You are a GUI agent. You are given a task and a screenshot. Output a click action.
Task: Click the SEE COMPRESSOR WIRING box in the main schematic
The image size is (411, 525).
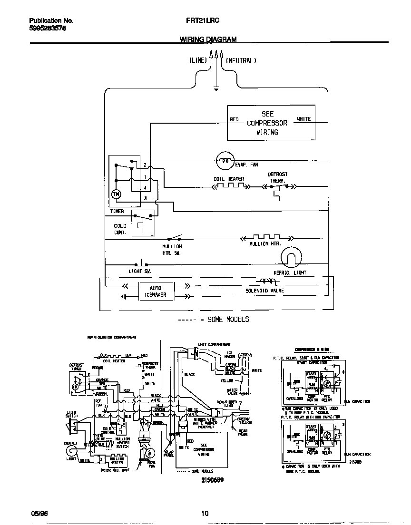[270, 123]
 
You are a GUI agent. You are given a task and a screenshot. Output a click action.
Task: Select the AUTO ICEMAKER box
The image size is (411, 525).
[156, 292]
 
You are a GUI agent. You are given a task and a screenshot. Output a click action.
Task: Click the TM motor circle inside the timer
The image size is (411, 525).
[116, 194]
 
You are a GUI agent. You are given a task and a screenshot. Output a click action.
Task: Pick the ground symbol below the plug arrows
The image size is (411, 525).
[216, 87]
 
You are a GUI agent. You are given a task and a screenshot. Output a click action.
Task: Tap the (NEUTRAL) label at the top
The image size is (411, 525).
[241, 60]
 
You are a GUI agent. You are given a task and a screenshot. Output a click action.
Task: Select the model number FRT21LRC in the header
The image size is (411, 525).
[199, 21]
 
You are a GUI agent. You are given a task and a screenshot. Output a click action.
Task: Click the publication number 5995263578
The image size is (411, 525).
[48, 29]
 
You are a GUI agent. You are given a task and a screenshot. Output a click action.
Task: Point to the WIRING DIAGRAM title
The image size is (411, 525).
[208, 39]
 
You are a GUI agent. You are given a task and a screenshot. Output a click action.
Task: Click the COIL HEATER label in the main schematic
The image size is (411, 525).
[229, 179]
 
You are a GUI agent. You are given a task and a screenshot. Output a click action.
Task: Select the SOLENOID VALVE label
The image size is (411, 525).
[264, 290]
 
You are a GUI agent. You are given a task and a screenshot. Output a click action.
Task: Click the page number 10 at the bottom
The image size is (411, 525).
[205, 513]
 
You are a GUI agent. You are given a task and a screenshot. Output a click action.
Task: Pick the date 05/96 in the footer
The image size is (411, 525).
[40, 513]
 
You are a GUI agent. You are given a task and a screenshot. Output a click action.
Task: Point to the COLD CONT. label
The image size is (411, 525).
[120, 229]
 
